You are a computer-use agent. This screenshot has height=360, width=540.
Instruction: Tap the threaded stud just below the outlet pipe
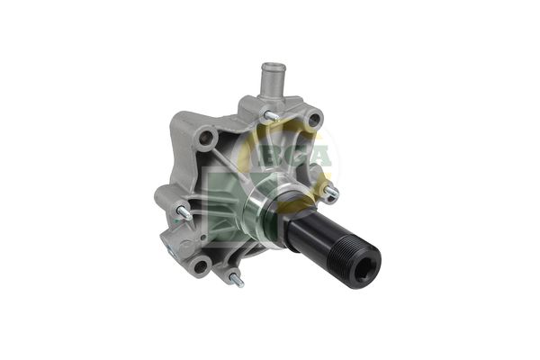click(x=272, y=116)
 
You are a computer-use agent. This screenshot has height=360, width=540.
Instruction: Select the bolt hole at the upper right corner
click(x=314, y=119)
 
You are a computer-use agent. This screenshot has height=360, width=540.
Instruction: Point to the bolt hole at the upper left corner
click(x=204, y=138)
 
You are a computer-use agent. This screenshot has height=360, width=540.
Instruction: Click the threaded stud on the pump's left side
click(x=184, y=213)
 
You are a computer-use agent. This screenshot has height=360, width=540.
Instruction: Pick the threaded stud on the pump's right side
click(x=331, y=193)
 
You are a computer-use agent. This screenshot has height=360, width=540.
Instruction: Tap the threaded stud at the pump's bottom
click(x=237, y=281)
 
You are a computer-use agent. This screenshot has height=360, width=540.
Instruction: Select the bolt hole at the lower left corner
click(x=200, y=266)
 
